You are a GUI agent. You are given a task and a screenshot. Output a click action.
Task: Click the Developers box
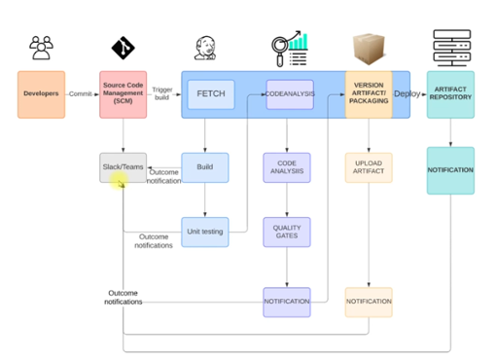coord(41,94)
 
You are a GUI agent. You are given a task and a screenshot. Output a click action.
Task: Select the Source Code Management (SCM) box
coord(124,94)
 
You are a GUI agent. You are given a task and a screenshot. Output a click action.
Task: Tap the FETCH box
coord(211,94)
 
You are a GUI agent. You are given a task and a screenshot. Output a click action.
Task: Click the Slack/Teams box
coord(124,167)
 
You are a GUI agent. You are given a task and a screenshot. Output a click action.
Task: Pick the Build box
coord(205,167)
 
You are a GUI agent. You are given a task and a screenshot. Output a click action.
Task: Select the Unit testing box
coord(205,232)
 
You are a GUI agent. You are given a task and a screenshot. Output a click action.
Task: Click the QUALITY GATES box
coord(287,232)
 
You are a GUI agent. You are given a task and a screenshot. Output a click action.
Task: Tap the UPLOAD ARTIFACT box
coord(369,167)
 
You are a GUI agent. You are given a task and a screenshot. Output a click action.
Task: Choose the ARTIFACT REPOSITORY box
coord(450,94)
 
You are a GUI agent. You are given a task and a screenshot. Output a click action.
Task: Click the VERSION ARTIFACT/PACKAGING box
coord(369,94)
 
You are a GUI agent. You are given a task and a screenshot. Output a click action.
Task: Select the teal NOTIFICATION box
coord(450,170)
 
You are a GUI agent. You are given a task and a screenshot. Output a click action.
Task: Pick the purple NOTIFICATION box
coord(287,302)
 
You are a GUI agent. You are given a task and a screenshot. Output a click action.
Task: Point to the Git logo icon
coord(124,46)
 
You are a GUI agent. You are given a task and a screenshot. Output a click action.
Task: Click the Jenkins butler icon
coord(205,47)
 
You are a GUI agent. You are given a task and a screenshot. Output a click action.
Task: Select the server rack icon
coord(450,47)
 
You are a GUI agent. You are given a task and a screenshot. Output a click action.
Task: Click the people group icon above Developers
coord(41,47)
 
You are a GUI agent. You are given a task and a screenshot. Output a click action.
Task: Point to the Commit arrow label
coord(82,94)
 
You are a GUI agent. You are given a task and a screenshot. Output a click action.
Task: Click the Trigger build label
coord(162,93)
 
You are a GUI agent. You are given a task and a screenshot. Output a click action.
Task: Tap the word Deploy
coord(407,95)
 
